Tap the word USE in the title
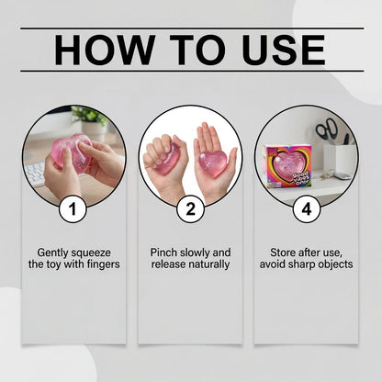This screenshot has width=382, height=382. pyautogui.click(x=283, y=50)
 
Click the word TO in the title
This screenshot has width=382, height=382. pyautogui.click(x=197, y=50)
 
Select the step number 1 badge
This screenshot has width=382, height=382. pyautogui.click(x=73, y=209)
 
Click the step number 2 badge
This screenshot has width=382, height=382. pyautogui.click(x=190, y=209)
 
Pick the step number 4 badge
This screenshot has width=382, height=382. pyautogui.click(x=307, y=209)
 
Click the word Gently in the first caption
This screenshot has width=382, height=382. pyautogui.click(x=52, y=253)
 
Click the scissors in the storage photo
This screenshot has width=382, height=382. pyautogui.click(x=326, y=129)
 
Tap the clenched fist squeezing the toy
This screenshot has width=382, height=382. pyautogui.click(x=162, y=156)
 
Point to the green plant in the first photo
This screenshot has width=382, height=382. pyautogui.click(x=90, y=116)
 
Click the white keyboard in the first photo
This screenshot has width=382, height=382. pyautogui.click(x=35, y=173)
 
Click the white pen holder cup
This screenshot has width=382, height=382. pyautogui.click(x=340, y=159)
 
